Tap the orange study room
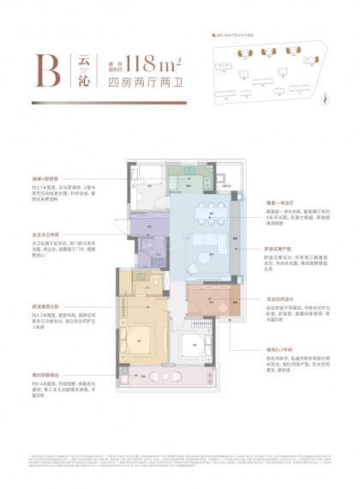pyautogui.click(x=210, y=302)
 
